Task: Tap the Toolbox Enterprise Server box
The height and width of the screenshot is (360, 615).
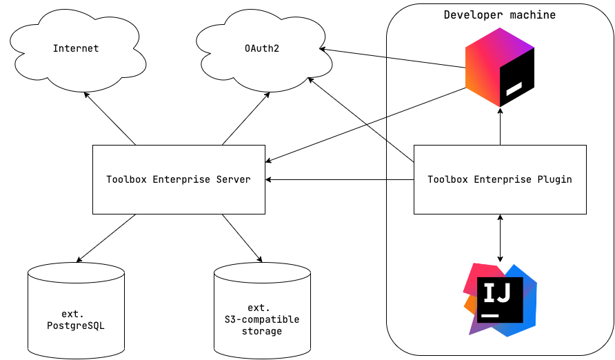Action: [x=179, y=179]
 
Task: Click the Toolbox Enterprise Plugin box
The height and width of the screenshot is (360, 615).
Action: [x=500, y=179]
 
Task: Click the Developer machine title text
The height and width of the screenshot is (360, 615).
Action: [x=499, y=14]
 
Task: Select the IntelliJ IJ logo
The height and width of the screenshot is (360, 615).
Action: [x=500, y=299]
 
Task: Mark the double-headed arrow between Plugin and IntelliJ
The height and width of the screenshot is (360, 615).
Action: [x=500, y=238]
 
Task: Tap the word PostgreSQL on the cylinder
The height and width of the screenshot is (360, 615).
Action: [x=76, y=325]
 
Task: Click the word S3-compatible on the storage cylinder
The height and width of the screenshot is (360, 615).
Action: [x=262, y=319]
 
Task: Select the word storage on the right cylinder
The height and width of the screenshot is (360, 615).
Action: [x=262, y=331]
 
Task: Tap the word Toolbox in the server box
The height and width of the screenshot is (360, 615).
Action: [x=126, y=179]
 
